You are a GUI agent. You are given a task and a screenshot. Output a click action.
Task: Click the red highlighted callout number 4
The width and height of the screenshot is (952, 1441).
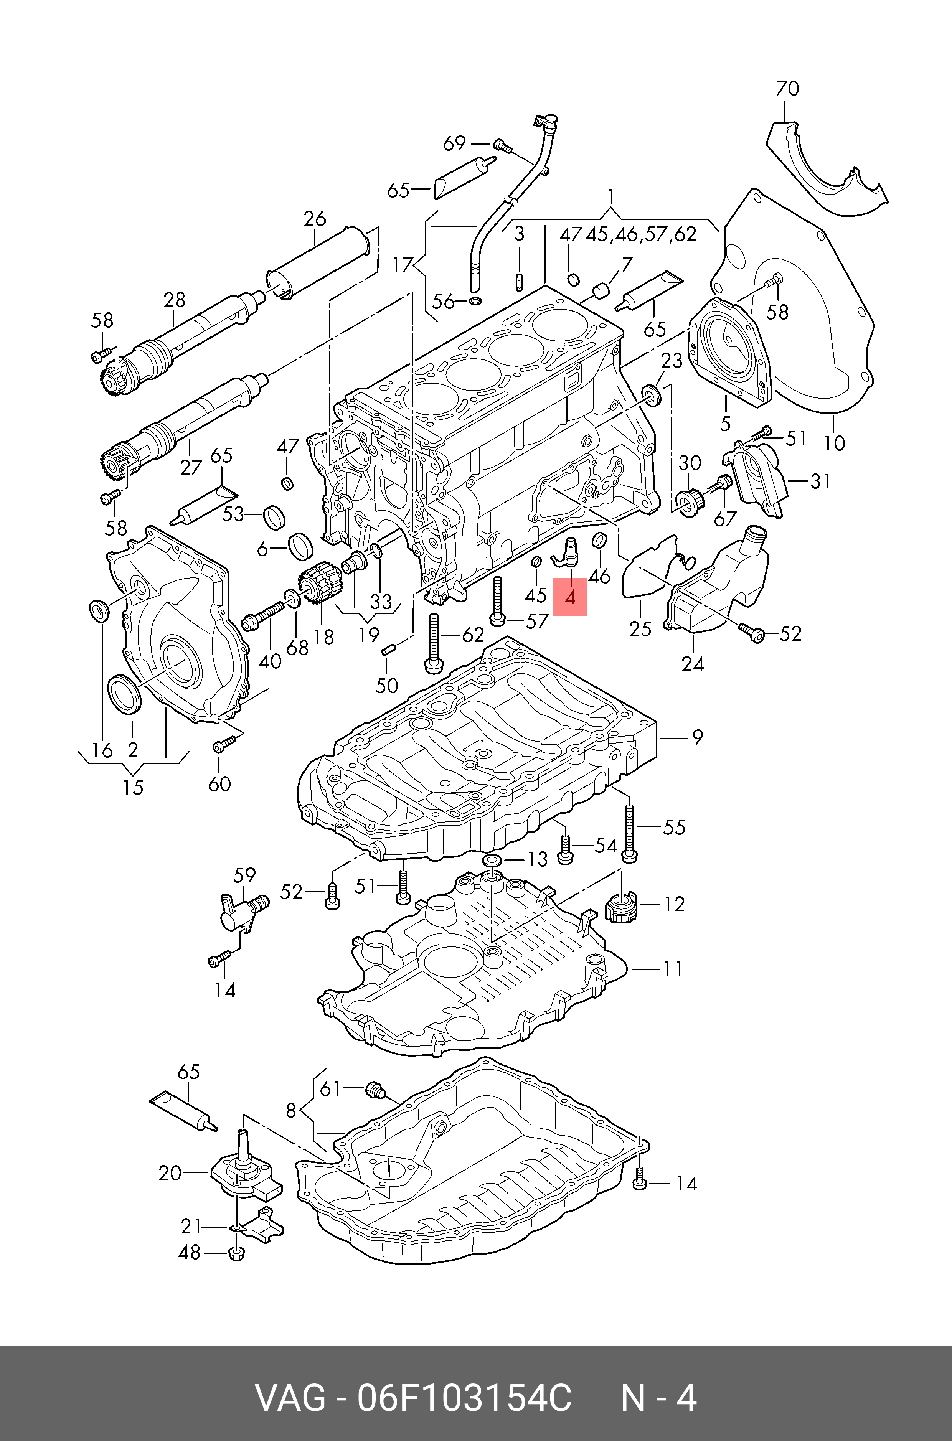tap(569, 597)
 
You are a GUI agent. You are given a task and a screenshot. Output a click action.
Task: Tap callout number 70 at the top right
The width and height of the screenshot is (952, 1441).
tap(787, 89)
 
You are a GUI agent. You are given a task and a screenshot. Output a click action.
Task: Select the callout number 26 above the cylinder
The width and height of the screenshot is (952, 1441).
tap(315, 219)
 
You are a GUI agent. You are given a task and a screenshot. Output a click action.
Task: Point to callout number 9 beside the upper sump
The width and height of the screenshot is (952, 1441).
tap(698, 737)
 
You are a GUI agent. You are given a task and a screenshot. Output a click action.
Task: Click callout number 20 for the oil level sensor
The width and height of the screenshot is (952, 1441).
tap(170, 1173)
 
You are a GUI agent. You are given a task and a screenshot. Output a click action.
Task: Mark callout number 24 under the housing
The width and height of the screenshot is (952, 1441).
tap(693, 664)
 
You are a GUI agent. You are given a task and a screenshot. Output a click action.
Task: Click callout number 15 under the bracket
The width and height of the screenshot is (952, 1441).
tap(133, 787)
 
